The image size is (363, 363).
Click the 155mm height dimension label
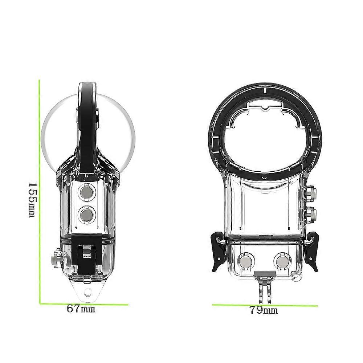pos(33,200)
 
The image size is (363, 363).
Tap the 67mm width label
pos(81,309)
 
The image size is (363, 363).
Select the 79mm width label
pos(264,310)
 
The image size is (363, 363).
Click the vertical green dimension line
pos(40,192)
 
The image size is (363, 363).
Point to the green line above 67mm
pos(84,304)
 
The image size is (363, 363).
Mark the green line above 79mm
pos(265,305)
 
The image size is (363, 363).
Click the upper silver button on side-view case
pos(87,192)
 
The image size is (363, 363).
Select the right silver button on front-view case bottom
pos(282,262)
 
